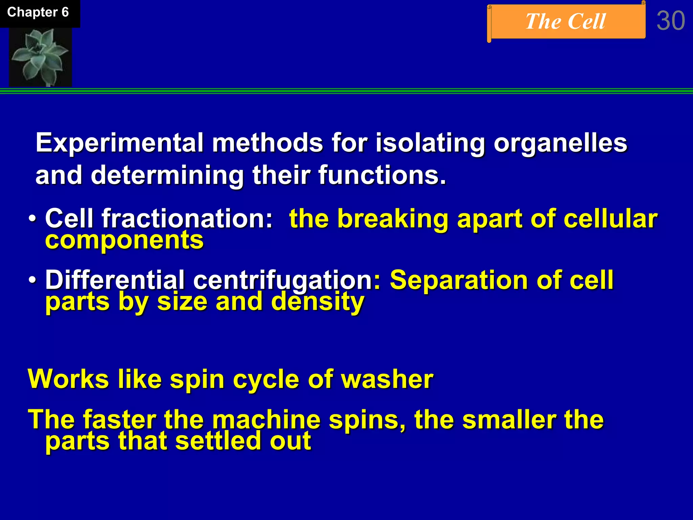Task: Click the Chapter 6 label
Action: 38,13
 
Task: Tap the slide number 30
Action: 671,21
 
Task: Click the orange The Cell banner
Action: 566,22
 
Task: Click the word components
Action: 124,240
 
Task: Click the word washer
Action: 387,379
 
